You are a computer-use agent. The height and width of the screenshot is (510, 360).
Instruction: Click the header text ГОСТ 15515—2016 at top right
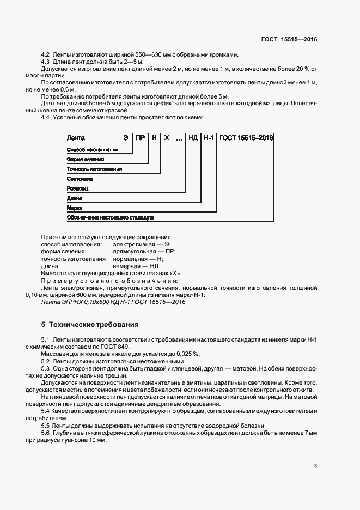[x=289, y=39]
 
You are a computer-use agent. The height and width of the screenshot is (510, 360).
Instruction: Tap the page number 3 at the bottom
[x=316, y=466]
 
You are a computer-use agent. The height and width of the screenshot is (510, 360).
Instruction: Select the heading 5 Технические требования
[x=90, y=325]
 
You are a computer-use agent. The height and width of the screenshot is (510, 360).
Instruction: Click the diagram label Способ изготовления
[x=92, y=149]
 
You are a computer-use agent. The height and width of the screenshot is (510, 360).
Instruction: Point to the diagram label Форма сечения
[x=85, y=159]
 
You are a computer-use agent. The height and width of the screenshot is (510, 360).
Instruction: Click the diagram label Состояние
[x=80, y=179]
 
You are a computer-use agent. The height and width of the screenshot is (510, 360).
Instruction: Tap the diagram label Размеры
[x=77, y=189]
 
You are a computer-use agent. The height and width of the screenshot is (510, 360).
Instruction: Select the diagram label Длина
[x=75, y=198]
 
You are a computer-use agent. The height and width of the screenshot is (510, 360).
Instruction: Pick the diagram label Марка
[x=74, y=208]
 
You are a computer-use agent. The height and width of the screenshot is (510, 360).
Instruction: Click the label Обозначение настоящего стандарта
[x=110, y=218]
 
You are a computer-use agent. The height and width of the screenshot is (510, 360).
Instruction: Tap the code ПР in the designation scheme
[x=141, y=138]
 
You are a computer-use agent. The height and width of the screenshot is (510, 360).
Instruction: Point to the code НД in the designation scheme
[x=193, y=138]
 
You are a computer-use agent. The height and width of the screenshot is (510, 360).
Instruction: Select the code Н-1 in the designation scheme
[x=209, y=138]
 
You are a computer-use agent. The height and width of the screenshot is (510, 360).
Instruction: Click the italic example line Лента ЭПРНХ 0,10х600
[x=113, y=302]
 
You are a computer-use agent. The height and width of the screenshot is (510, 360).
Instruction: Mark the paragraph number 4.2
[x=46, y=55]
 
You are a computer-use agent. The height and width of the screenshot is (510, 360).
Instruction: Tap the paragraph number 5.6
[x=46, y=432]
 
